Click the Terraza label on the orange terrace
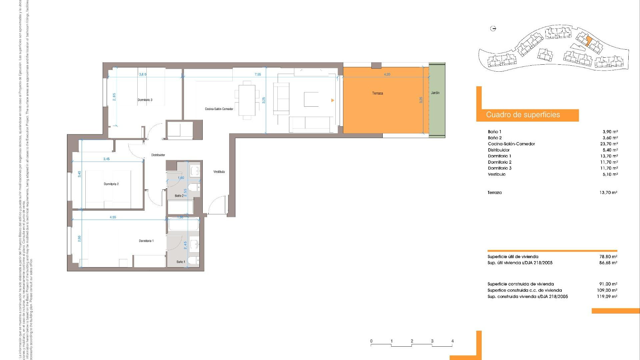click(377, 93)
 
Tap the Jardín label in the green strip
click(435, 93)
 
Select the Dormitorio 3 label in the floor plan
click(145, 100)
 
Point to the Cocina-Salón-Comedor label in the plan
click(219, 109)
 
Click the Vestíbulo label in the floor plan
click(219, 172)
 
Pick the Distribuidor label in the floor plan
click(158, 155)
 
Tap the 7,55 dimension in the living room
click(258, 75)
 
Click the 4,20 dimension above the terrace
click(387, 75)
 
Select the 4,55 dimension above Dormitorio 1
click(113, 217)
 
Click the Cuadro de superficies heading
click(523, 115)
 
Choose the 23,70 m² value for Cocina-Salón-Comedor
click(609, 144)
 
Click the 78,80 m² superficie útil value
click(608, 257)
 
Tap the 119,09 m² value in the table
click(607, 296)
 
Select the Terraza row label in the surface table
click(494, 193)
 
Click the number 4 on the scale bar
click(452, 341)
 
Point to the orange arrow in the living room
click(332, 100)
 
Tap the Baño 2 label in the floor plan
click(179, 196)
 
